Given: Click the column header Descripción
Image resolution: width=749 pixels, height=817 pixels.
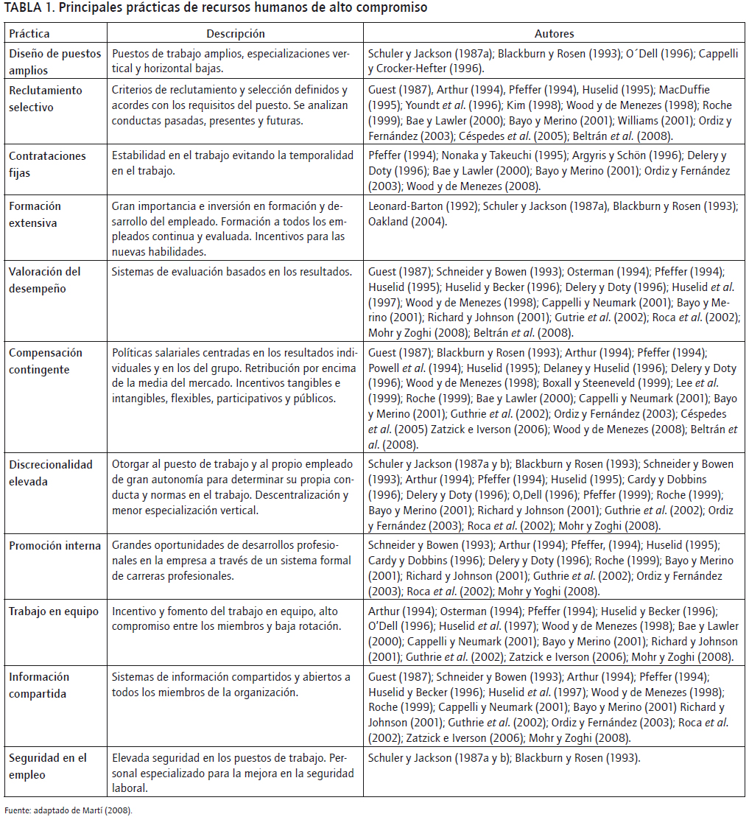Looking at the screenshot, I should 235,34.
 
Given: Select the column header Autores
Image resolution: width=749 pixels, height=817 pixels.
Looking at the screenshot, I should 554,34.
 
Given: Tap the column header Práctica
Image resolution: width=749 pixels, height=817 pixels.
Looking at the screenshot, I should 29,34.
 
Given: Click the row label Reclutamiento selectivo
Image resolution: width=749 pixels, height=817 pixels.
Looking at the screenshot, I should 46,99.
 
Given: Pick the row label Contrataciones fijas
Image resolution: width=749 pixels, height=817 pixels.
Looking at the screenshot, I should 47,164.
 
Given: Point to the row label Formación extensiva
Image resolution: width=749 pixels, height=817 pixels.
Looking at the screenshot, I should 35,214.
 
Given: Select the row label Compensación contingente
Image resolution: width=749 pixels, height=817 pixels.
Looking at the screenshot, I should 46,361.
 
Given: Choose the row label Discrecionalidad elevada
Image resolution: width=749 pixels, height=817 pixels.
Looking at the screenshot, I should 51,473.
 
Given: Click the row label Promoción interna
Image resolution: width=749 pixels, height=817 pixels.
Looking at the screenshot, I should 55,546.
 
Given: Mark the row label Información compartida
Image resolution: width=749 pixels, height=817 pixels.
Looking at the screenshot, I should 39,685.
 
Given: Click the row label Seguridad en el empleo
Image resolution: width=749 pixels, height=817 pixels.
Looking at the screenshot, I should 48,766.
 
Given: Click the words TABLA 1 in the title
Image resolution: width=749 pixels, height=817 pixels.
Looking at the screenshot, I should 29,8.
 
